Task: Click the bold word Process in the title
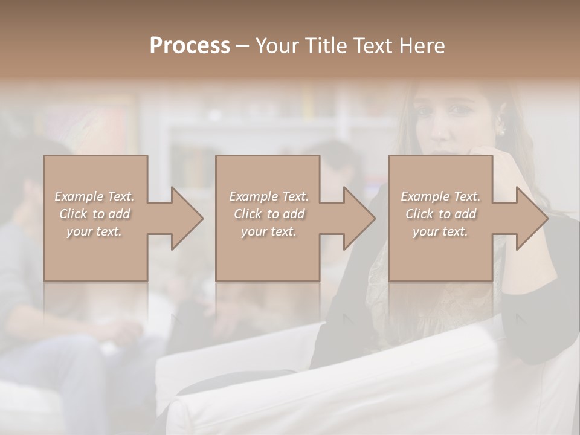[x=190, y=46]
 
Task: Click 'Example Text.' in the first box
[x=94, y=196]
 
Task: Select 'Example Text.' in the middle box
[x=268, y=196]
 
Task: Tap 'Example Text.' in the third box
[x=440, y=196]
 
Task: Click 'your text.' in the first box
[x=94, y=231]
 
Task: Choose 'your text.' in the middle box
[x=268, y=231]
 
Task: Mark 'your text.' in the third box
[x=440, y=231]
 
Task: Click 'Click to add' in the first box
[x=94, y=214]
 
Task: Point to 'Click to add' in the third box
[x=440, y=214]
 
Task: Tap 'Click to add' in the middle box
[x=268, y=214]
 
